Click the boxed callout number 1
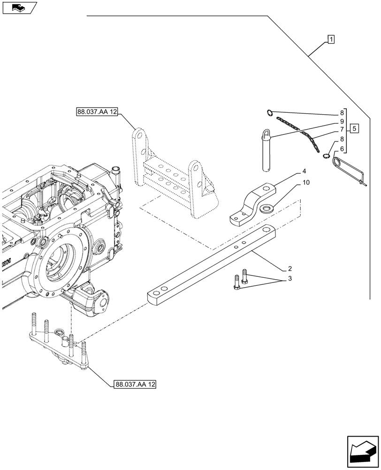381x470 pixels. (331, 39)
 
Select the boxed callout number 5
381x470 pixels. (355, 128)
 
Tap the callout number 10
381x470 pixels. (306, 182)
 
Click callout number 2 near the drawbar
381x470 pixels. (290, 268)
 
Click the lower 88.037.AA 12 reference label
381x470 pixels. (135, 384)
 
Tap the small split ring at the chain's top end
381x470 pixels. (269, 112)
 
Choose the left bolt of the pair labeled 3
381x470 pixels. (236, 283)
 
